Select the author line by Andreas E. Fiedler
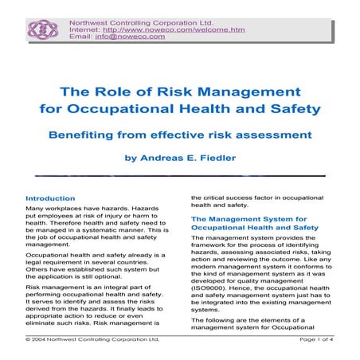[x=180, y=157]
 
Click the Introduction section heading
[x=51, y=198]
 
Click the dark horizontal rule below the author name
[x=180, y=174]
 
